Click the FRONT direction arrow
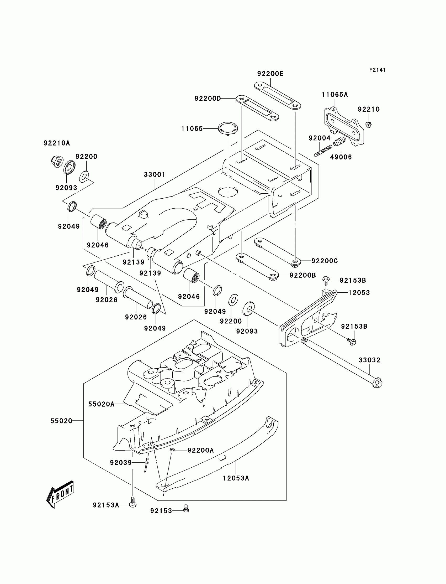point(60,494)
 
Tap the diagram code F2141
point(377,70)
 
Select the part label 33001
point(155,175)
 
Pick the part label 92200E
point(270,74)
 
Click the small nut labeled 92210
point(369,124)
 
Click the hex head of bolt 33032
point(377,384)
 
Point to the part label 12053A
point(236,478)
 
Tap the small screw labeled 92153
point(186,509)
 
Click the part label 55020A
point(101,404)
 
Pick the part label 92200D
point(208,99)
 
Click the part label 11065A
point(334,95)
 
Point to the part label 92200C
point(325,261)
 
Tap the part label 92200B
point(303,275)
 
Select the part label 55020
point(61,421)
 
